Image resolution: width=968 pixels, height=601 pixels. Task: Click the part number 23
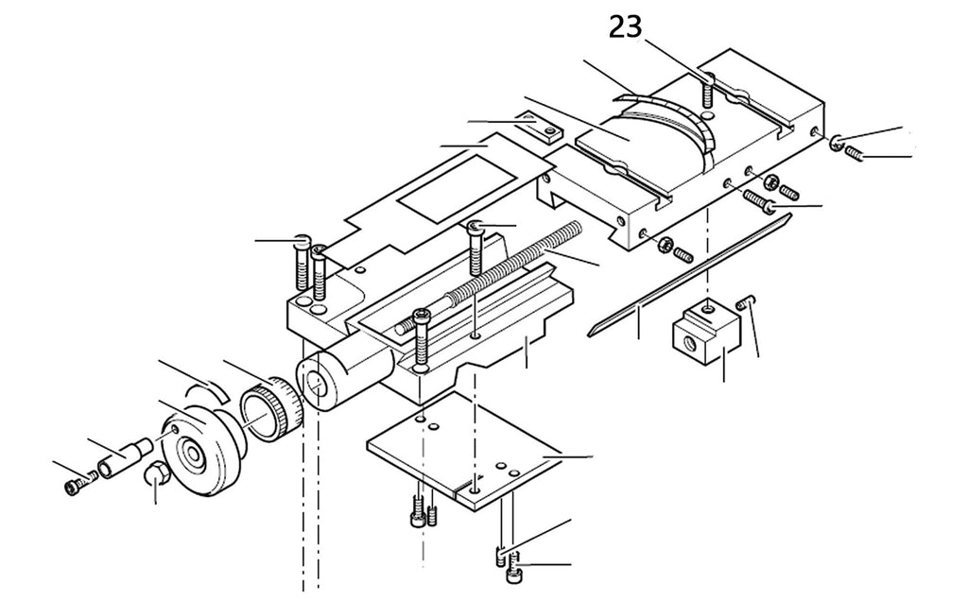click(626, 27)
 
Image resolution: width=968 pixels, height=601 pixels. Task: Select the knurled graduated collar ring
click(270, 408)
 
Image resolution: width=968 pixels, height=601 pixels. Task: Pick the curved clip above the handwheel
click(207, 390)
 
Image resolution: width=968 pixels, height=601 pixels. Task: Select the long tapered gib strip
click(688, 274)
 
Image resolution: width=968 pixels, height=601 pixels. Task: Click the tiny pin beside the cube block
click(746, 302)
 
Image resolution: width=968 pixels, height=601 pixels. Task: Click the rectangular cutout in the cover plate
click(456, 189)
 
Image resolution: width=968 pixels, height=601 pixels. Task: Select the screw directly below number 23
click(708, 92)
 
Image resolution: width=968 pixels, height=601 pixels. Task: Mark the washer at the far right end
click(837, 142)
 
